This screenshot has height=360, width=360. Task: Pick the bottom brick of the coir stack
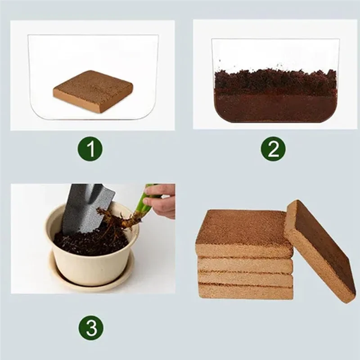coord(245,292)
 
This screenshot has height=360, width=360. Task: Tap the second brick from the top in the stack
coord(245,265)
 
